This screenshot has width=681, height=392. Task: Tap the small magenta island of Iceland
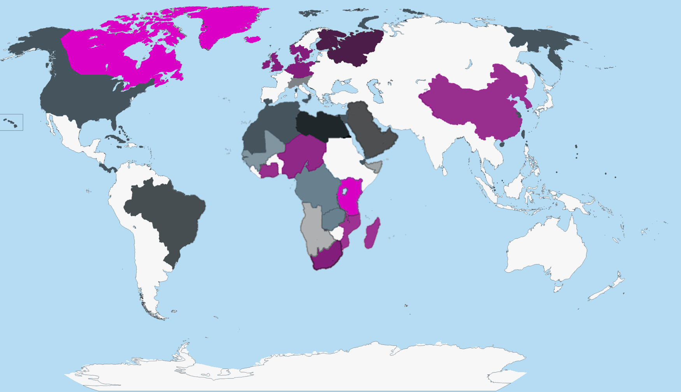coord(253,39)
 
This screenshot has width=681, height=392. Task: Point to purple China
coord(475,105)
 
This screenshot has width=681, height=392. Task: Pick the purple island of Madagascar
coord(372,234)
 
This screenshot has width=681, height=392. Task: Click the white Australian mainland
coord(545,249)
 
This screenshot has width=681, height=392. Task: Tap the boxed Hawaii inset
coord(11,122)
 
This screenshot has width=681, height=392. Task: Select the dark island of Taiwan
coord(523,135)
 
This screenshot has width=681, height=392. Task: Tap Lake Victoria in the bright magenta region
coord(344,191)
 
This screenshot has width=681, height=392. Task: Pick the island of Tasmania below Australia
coord(558,288)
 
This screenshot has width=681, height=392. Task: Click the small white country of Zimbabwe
coord(337,233)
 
